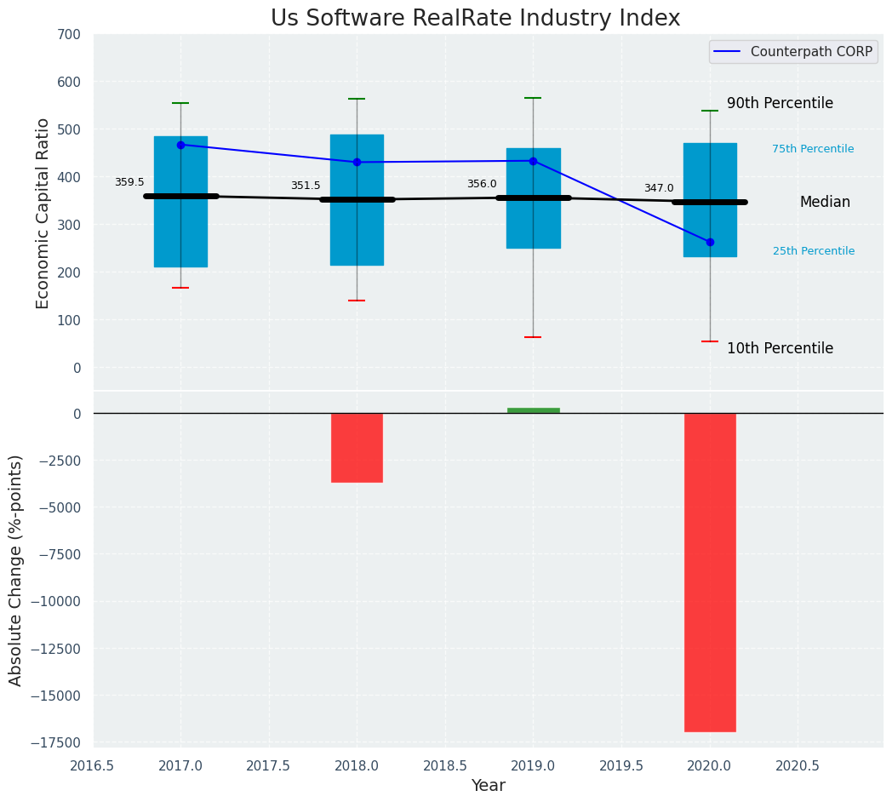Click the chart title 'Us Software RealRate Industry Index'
pyautogui.click(x=475, y=19)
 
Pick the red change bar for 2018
pyautogui.click(x=357, y=448)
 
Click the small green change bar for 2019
pyautogui.click(x=534, y=410)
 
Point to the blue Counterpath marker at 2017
pyautogui.click(x=180, y=145)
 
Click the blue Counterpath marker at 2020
pyautogui.click(x=710, y=242)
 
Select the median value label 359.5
pyautogui.click(x=129, y=182)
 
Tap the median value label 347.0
pyautogui.click(x=659, y=188)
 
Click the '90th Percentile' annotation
pyautogui.click(x=780, y=103)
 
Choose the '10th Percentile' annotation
pyautogui.click(x=780, y=348)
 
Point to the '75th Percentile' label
pyautogui.click(x=813, y=149)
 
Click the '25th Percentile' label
pyautogui.click(x=814, y=251)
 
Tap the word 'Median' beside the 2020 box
pyautogui.click(x=825, y=202)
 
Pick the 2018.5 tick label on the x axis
pyautogui.click(x=444, y=765)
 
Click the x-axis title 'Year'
pyautogui.click(x=489, y=786)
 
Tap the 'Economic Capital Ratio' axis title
pyautogui.click(x=43, y=213)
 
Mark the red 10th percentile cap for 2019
pyautogui.click(x=534, y=337)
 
